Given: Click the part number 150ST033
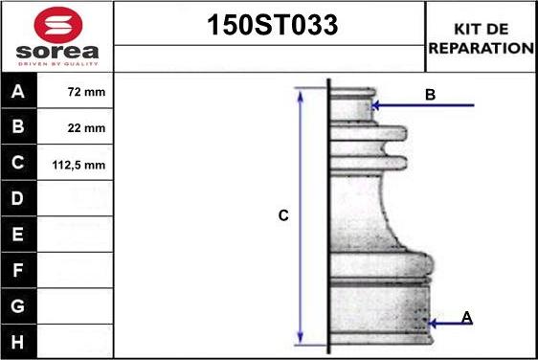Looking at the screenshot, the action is pyautogui.click(x=273, y=25).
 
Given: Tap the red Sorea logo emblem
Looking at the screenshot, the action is pyautogui.click(x=58, y=25).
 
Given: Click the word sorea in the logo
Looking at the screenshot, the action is pyautogui.click(x=57, y=52).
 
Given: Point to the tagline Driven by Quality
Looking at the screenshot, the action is pyautogui.click(x=58, y=64).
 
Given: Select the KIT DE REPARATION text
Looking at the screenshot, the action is pyautogui.click(x=482, y=38).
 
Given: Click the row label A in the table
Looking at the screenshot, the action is pyautogui.click(x=18, y=91).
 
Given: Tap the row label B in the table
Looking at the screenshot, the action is pyautogui.click(x=18, y=126).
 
